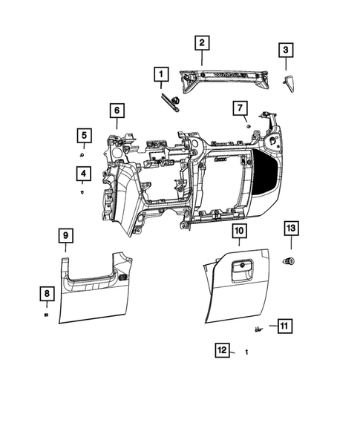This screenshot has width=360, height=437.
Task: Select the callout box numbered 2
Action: coord(201,42)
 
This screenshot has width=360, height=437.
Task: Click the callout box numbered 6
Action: coord(117,111)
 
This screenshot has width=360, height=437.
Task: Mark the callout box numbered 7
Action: coord(240,108)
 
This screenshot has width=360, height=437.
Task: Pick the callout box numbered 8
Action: coord(47,295)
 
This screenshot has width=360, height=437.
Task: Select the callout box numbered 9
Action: coord(65,235)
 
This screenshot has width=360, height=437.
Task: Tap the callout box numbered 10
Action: coord(239,231)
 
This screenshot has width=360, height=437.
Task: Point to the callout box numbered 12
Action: coord(221,350)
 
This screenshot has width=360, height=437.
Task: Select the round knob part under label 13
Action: coord(290,260)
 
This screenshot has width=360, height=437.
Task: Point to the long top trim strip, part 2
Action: coord(223,78)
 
